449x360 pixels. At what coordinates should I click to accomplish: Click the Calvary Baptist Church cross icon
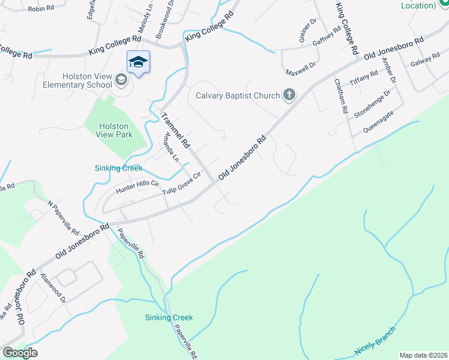tap(289, 95)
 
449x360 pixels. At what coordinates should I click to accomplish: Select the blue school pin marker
tap(138, 63)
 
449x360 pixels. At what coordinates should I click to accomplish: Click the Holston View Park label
tap(113, 130)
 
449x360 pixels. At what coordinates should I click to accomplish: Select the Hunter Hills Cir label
tap(137, 187)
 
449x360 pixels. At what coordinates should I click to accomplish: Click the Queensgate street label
tap(379, 122)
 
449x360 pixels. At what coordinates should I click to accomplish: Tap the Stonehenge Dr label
tap(372, 103)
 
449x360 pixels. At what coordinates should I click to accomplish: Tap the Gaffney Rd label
tap(327, 37)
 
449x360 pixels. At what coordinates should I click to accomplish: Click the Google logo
tap(20, 353)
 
